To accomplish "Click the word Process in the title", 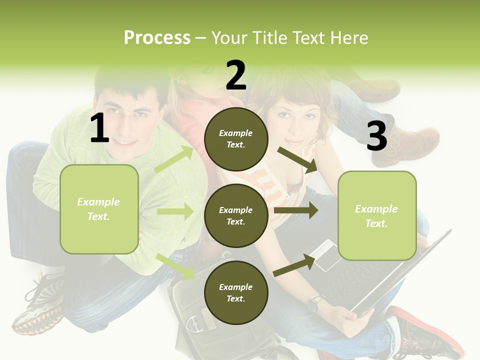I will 157,38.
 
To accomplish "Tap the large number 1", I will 99,128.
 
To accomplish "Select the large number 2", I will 236,75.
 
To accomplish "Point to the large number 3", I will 376,136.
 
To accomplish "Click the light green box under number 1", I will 99,209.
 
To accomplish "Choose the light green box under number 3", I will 377,216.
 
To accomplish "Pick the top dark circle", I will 236,139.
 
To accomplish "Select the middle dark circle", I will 236,216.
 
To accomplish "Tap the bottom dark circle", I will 236,292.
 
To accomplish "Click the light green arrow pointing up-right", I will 174,159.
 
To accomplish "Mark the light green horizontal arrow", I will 175,211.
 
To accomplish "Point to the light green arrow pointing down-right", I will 175,266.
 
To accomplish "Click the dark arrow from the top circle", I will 297,159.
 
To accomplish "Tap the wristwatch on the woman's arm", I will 314,303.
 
